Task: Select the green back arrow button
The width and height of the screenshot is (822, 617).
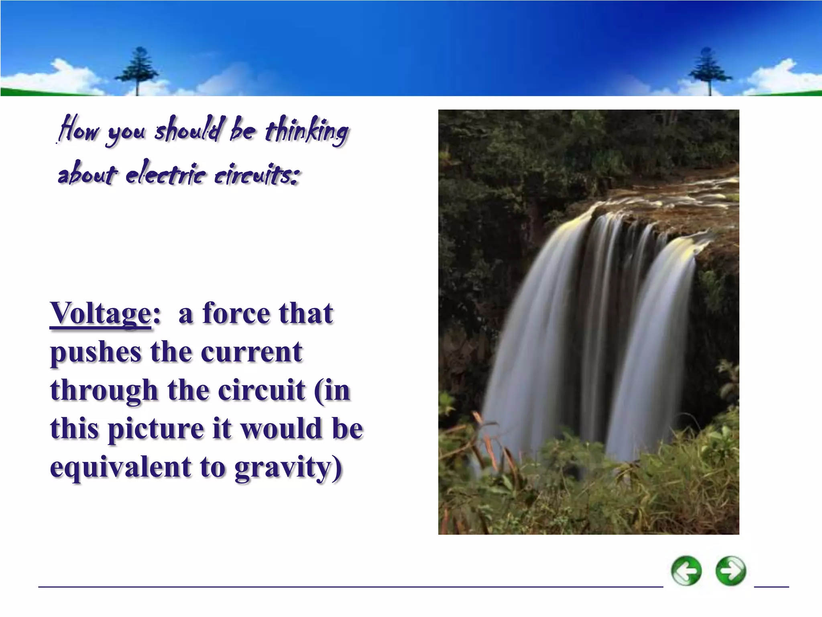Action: pos(686,570)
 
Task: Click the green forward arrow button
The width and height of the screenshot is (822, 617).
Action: pos(731,570)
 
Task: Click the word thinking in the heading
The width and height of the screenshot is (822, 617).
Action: pos(307,131)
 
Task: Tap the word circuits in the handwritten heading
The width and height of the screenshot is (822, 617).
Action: pos(257,176)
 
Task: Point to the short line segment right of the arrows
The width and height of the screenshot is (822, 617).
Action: pos(771,586)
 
